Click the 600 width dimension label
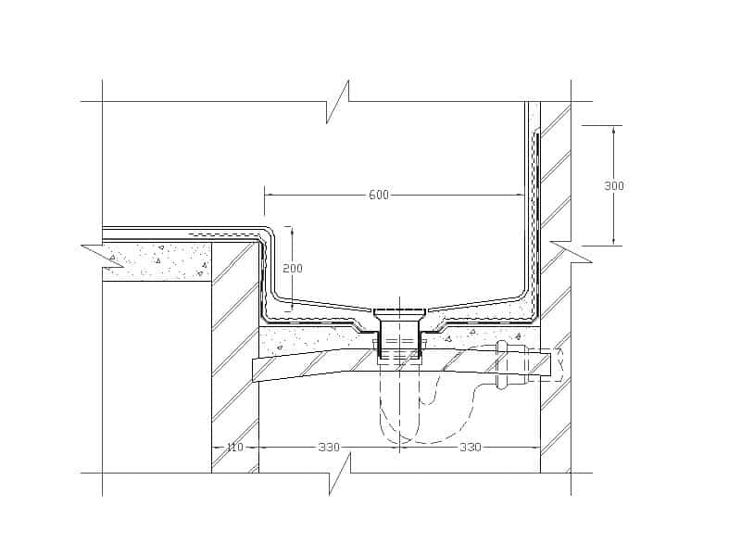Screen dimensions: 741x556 point(379,195)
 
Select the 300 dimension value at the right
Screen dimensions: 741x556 point(614,186)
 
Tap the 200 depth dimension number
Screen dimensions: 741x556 point(293,269)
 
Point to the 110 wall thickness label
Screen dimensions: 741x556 point(235,447)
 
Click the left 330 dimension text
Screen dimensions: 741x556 point(329,447)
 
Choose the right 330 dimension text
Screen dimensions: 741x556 point(471,447)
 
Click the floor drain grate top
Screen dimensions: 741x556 point(400,313)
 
